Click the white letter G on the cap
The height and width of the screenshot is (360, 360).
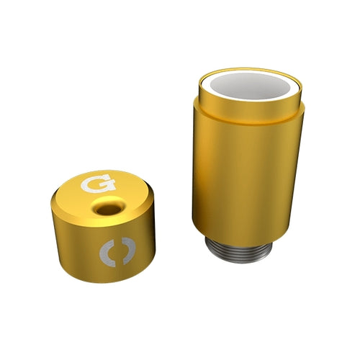pyautogui.click(x=98, y=184)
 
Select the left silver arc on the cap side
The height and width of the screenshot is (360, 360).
pyautogui.click(x=106, y=252)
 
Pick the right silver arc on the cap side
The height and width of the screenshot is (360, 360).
pyautogui.click(x=129, y=251)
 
